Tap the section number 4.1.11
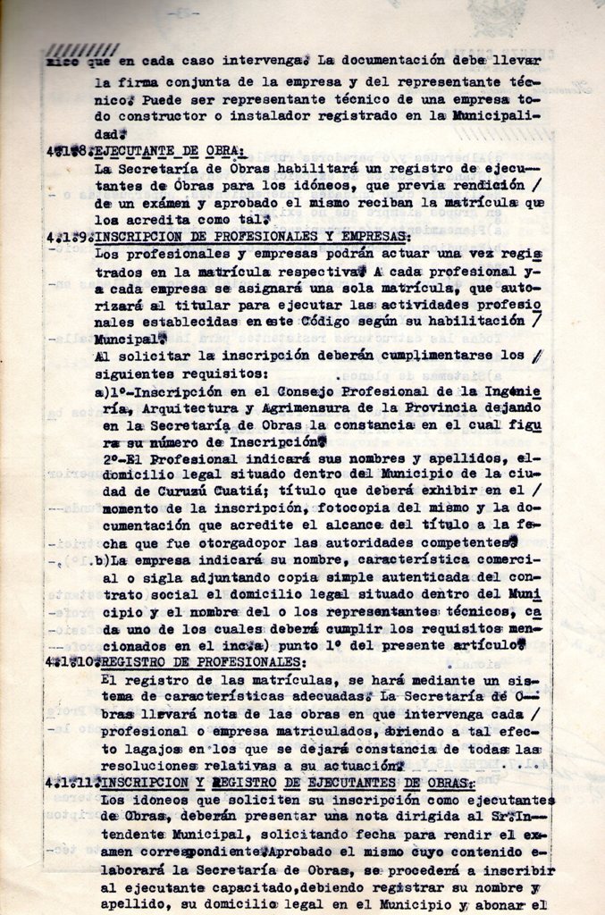(x=71, y=783)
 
